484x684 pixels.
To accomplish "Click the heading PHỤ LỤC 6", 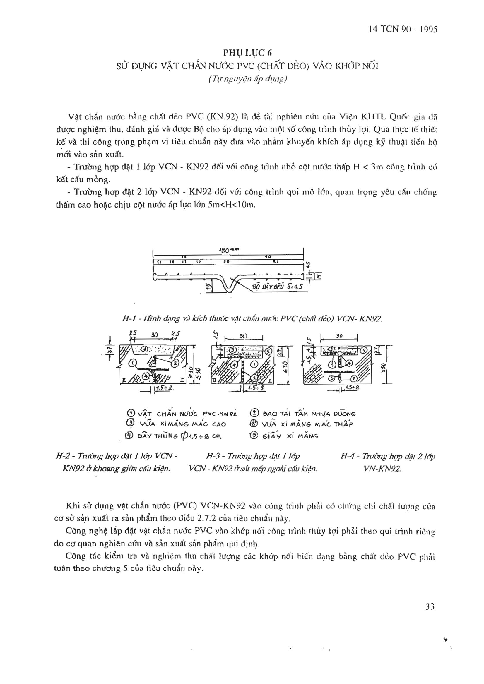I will (248, 53).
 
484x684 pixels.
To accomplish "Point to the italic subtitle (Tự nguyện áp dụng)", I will (248, 79).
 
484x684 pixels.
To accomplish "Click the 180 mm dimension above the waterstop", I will (228, 250).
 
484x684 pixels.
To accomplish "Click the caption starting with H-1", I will (252, 319).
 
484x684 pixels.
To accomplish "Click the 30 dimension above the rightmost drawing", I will (339, 336).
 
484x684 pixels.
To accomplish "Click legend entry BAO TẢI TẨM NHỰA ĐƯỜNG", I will (302, 414).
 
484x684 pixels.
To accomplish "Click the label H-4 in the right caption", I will (348, 456).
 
